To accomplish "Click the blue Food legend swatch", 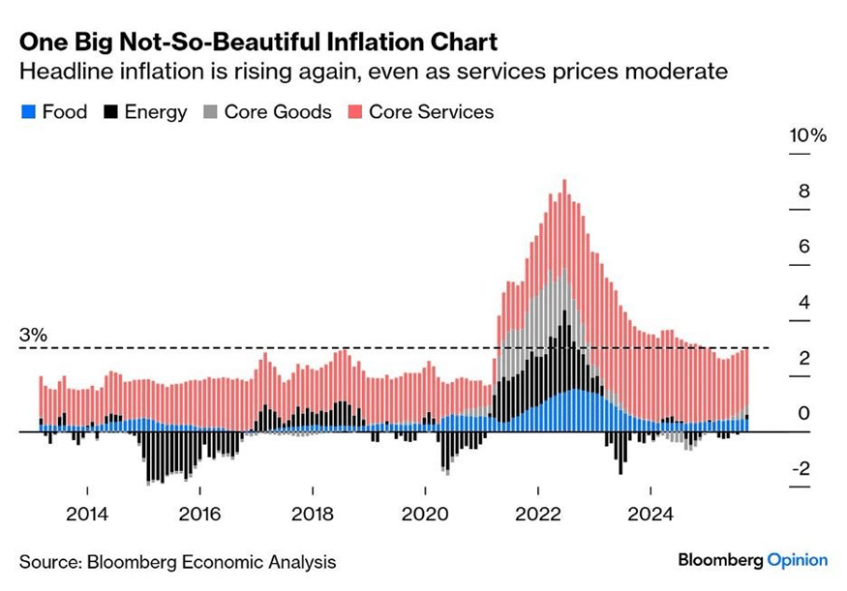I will (x=28, y=112).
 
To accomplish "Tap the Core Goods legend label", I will (x=278, y=112).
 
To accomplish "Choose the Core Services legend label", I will (x=431, y=112).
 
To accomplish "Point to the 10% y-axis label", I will (x=808, y=136).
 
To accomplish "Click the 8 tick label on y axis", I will (x=803, y=192).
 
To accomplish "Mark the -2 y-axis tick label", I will (x=800, y=470).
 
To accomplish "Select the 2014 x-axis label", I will (x=87, y=514).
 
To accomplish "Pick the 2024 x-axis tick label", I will (x=650, y=514).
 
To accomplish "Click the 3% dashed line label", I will (x=33, y=336).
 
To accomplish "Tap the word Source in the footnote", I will (x=49, y=561).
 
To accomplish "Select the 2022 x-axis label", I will (x=538, y=514).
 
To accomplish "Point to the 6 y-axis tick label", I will (x=803, y=248).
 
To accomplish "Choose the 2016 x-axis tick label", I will (x=199, y=514).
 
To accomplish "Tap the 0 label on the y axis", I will (x=803, y=414).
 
